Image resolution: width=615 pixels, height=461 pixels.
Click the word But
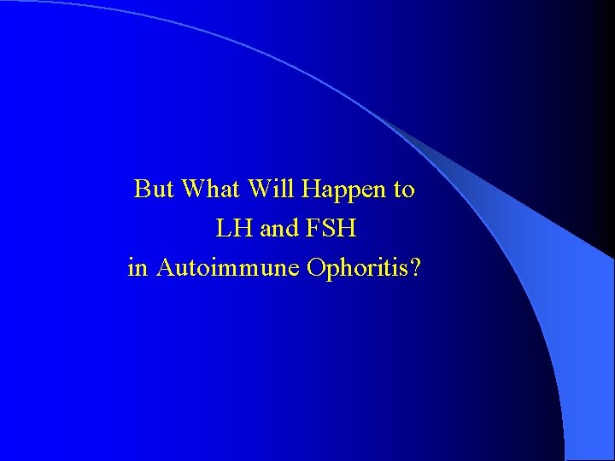(154, 189)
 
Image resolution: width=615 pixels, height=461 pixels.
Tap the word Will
(271, 189)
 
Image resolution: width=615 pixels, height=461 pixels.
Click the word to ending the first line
(404, 190)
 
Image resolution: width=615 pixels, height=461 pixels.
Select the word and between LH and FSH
(281, 229)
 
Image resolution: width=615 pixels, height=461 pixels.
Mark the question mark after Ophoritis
(415, 268)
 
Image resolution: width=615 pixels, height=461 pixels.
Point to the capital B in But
(142, 189)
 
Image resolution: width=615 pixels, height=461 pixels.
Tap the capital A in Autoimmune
(166, 268)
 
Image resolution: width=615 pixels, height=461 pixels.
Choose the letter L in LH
(224, 229)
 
